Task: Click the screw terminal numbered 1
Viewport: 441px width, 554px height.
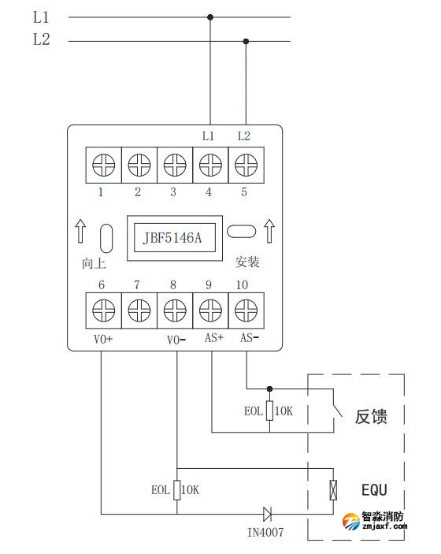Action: coord(102,165)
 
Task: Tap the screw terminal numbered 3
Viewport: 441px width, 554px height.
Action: coord(174,165)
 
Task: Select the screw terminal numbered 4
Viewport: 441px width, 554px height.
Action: coord(209,165)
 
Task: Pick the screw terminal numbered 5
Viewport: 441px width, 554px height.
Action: coord(245,165)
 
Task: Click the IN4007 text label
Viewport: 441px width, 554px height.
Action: coord(265,534)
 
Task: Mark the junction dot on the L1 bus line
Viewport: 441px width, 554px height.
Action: coord(210,16)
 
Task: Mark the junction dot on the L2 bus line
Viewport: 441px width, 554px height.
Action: coord(246,41)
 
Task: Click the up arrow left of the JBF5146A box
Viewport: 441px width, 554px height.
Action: coord(80,232)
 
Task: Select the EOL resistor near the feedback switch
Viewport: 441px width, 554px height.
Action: coord(269,410)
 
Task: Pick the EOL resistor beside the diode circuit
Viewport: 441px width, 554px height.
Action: coord(176,489)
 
